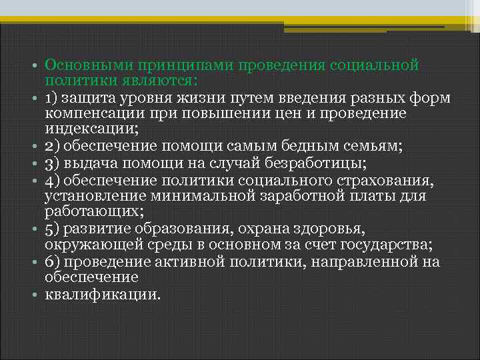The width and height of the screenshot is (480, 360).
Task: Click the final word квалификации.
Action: pos(103,294)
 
